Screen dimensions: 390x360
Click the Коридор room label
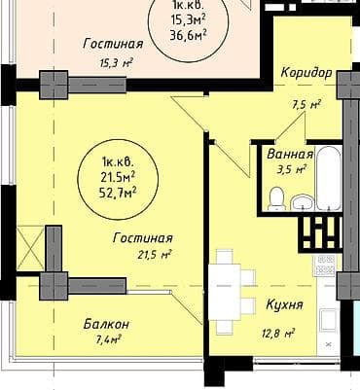[306, 73]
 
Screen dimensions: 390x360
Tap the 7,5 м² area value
[306, 105]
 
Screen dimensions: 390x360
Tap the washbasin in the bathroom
[303, 201]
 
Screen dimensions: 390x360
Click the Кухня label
[284, 304]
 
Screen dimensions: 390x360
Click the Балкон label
[107, 323]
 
